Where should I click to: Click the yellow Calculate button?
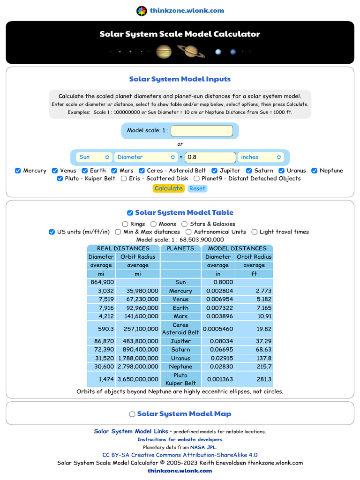click(x=168, y=188)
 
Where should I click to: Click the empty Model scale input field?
click(x=202, y=131)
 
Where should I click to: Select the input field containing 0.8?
click(x=210, y=157)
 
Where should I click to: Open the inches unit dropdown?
click(x=261, y=157)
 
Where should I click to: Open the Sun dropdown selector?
click(x=94, y=157)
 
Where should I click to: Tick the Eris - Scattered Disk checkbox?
click(x=124, y=179)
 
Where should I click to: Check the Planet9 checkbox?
click(x=197, y=179)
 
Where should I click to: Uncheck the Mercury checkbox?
click(x=18, y=171)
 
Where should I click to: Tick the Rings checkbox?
click(x=125, y=224)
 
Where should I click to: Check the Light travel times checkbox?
click(x=255, y=232)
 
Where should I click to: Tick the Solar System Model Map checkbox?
click(x=132, y=414)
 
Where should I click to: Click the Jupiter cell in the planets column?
click(x=180, y=341)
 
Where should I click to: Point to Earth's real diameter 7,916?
click(x=101, y=308)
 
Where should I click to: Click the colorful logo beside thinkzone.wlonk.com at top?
click(x=142, y=11)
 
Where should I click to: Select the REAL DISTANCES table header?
click(x=123, y=248)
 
